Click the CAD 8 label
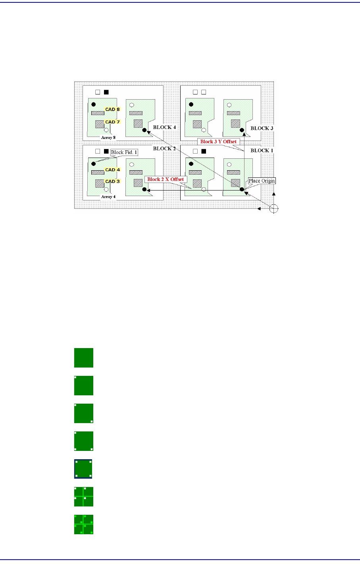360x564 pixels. (x=112, y=109)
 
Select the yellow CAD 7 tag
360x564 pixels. (x=112, y=122)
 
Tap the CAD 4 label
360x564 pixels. (x=112, y=170)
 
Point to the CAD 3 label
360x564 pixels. (x=112, y=181)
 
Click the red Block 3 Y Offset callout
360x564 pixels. (x=218, y=142)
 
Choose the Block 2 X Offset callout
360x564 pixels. (x=166, y=179)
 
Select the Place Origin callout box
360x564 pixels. (x=262, y=181)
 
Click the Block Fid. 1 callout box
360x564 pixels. (x=124, y=152)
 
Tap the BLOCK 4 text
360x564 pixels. (x=164, y=127)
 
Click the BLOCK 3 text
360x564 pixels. (x=262, y=128)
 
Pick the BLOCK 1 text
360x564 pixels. (x=262, y=150)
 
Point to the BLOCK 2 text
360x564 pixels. (x=164, y=148)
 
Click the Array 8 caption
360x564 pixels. (x=108, y=137)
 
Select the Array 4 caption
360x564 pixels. (x=108, y=196)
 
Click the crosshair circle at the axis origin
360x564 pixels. (x=273, y=209)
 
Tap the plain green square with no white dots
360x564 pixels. (x=84, y=358)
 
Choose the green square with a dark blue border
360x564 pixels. (x=83, y=469)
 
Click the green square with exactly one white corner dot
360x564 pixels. (x=84, y=385)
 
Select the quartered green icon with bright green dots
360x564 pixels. (x=84, y=524)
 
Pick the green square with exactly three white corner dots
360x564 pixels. (x=84, y=441)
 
